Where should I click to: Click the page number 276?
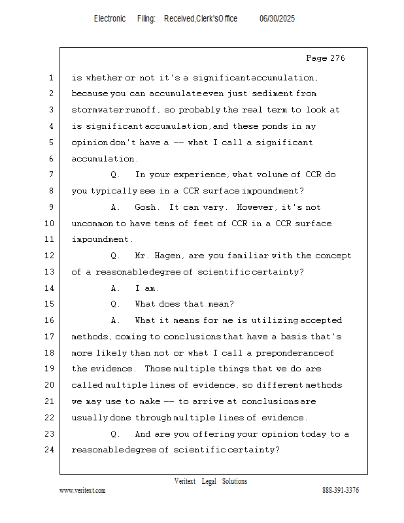click(x=336, y=58)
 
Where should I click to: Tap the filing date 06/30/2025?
click(x=277, y=19)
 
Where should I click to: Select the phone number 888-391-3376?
click(x=341, y=491)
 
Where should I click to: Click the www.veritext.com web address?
click(x=82, y=491)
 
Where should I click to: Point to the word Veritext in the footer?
click(x=184, y=481)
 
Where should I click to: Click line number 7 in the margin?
click(x=50, y=175)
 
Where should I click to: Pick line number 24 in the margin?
click(x=48, y=450)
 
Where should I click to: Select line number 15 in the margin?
click(x=48, y=304)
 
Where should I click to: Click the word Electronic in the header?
click(x=110, y=19)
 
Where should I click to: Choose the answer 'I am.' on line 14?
click(x=147, y=288)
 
